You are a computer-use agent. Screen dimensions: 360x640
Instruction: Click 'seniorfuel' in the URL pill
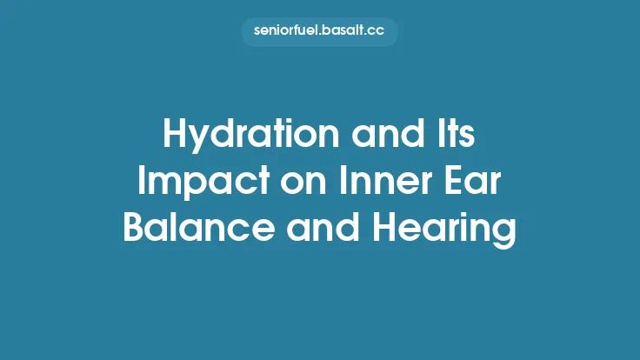(x=285, y=31)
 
